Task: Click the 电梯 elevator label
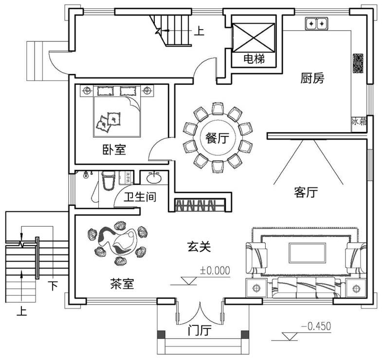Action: click(254, 60)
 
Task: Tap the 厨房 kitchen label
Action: click(312, 78)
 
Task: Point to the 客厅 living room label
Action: click(306, 193)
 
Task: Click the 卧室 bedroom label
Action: click(114, 150)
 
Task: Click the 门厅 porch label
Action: click(200, 331)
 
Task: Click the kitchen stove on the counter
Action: click(358, 63)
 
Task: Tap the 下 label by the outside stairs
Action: click(53, 286)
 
